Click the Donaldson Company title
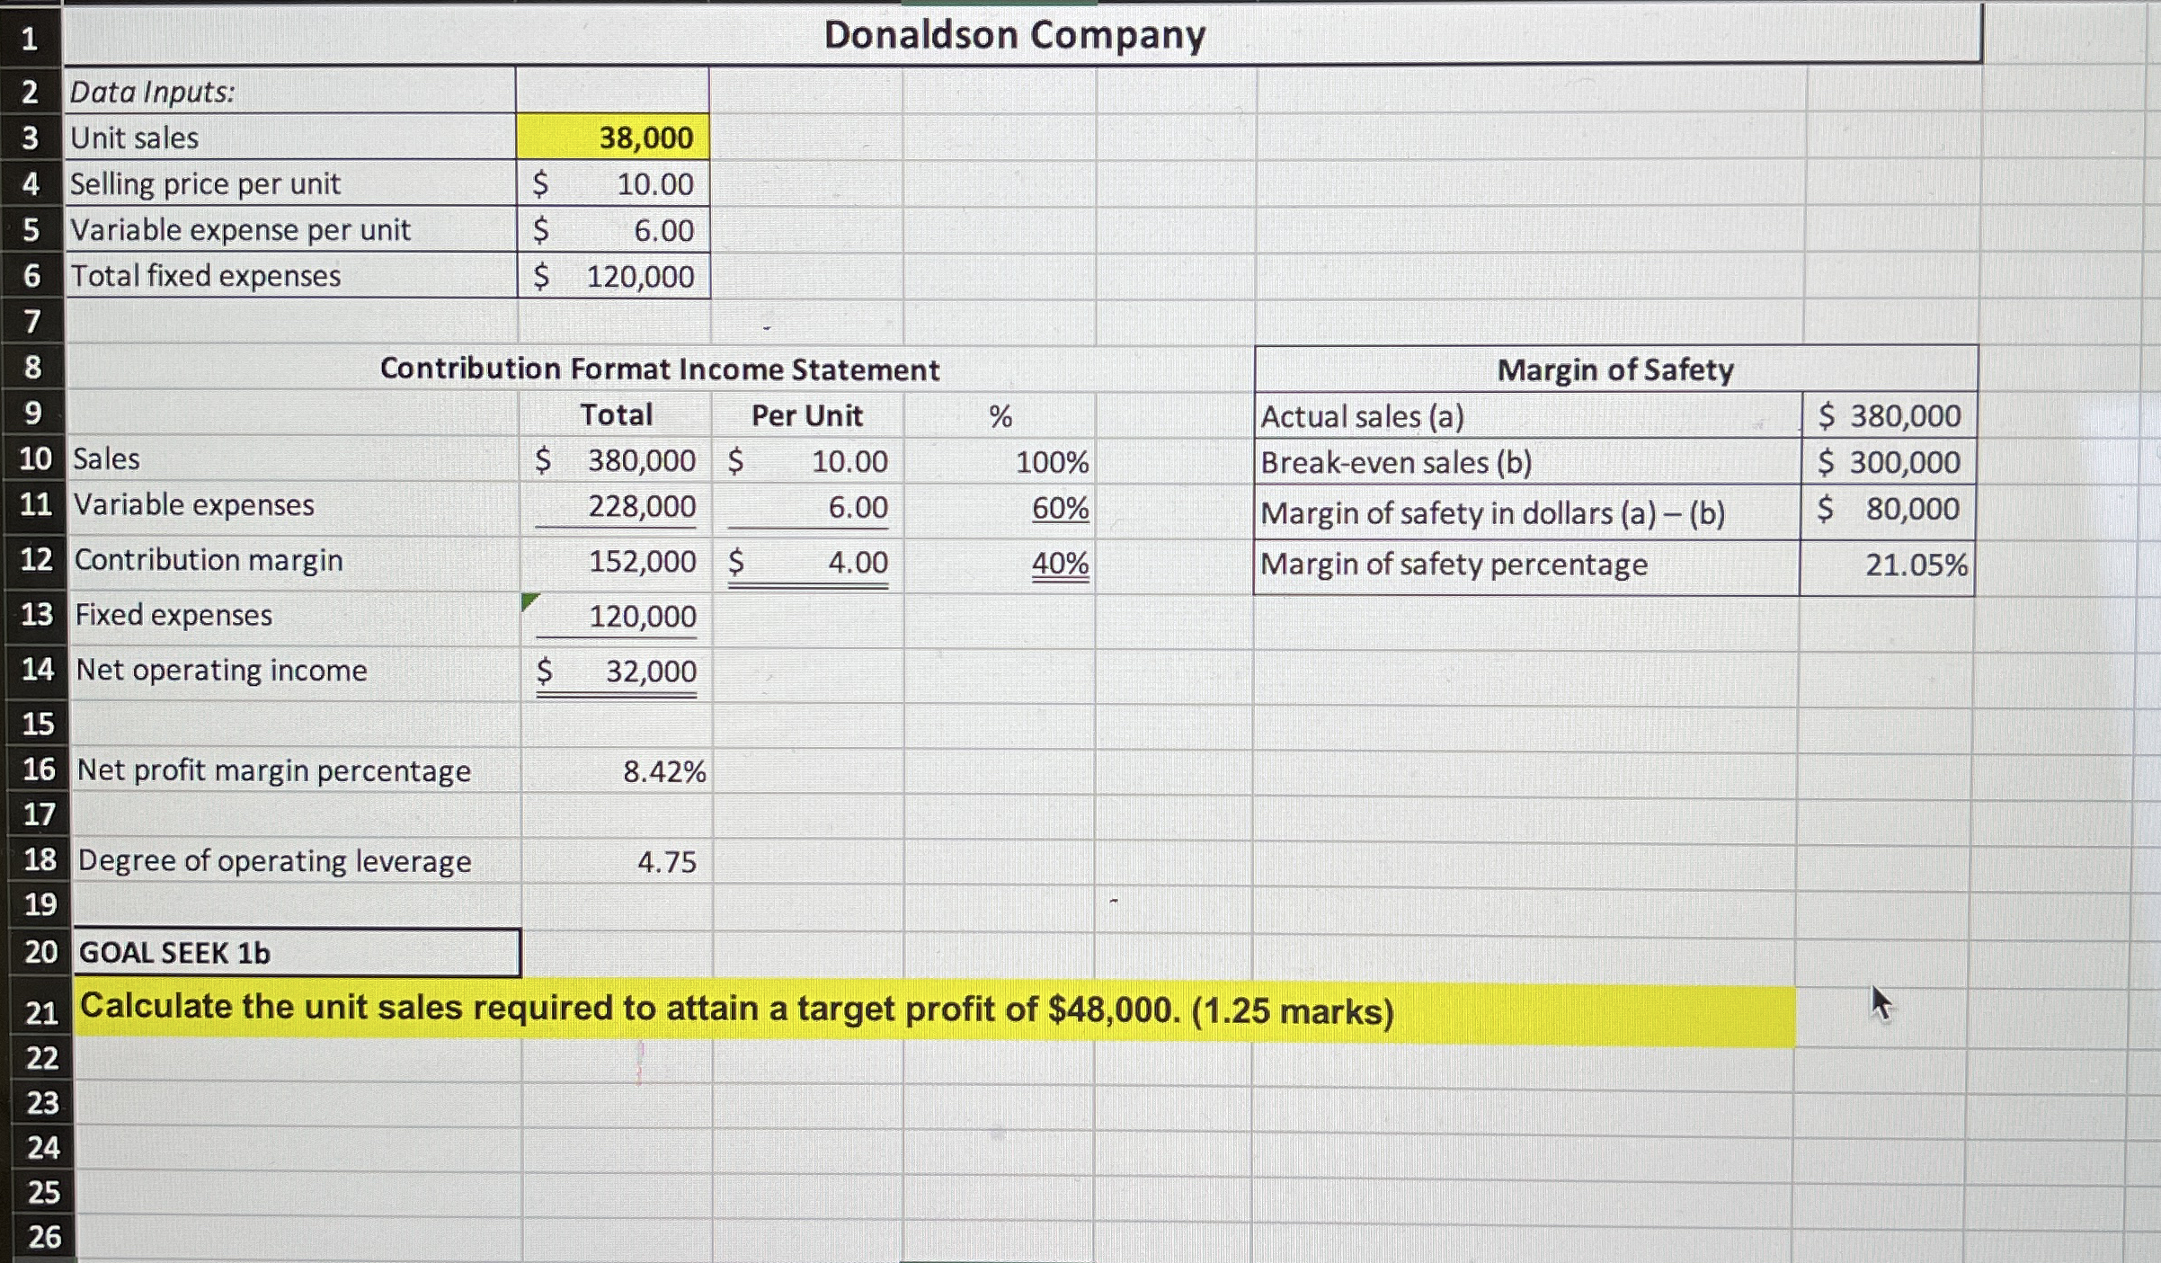(1014, 35)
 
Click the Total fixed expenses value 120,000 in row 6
(639, 276)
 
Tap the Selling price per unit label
(205, 183)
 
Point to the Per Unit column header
(806, 415)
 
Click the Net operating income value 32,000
(650, 672)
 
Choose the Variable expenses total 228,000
(641, 507)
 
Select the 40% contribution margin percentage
(1060, 564)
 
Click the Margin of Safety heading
(1614, 369)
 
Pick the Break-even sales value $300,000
(1889, 462)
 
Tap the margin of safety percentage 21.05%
(1916, 565)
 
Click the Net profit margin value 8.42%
(664, 771)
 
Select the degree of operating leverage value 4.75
(666, 862)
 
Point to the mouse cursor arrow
(1881, 1002)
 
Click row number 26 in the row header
(43, 1237)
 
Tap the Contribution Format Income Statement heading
(659, 369)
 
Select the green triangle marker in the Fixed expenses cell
(529, 601)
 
